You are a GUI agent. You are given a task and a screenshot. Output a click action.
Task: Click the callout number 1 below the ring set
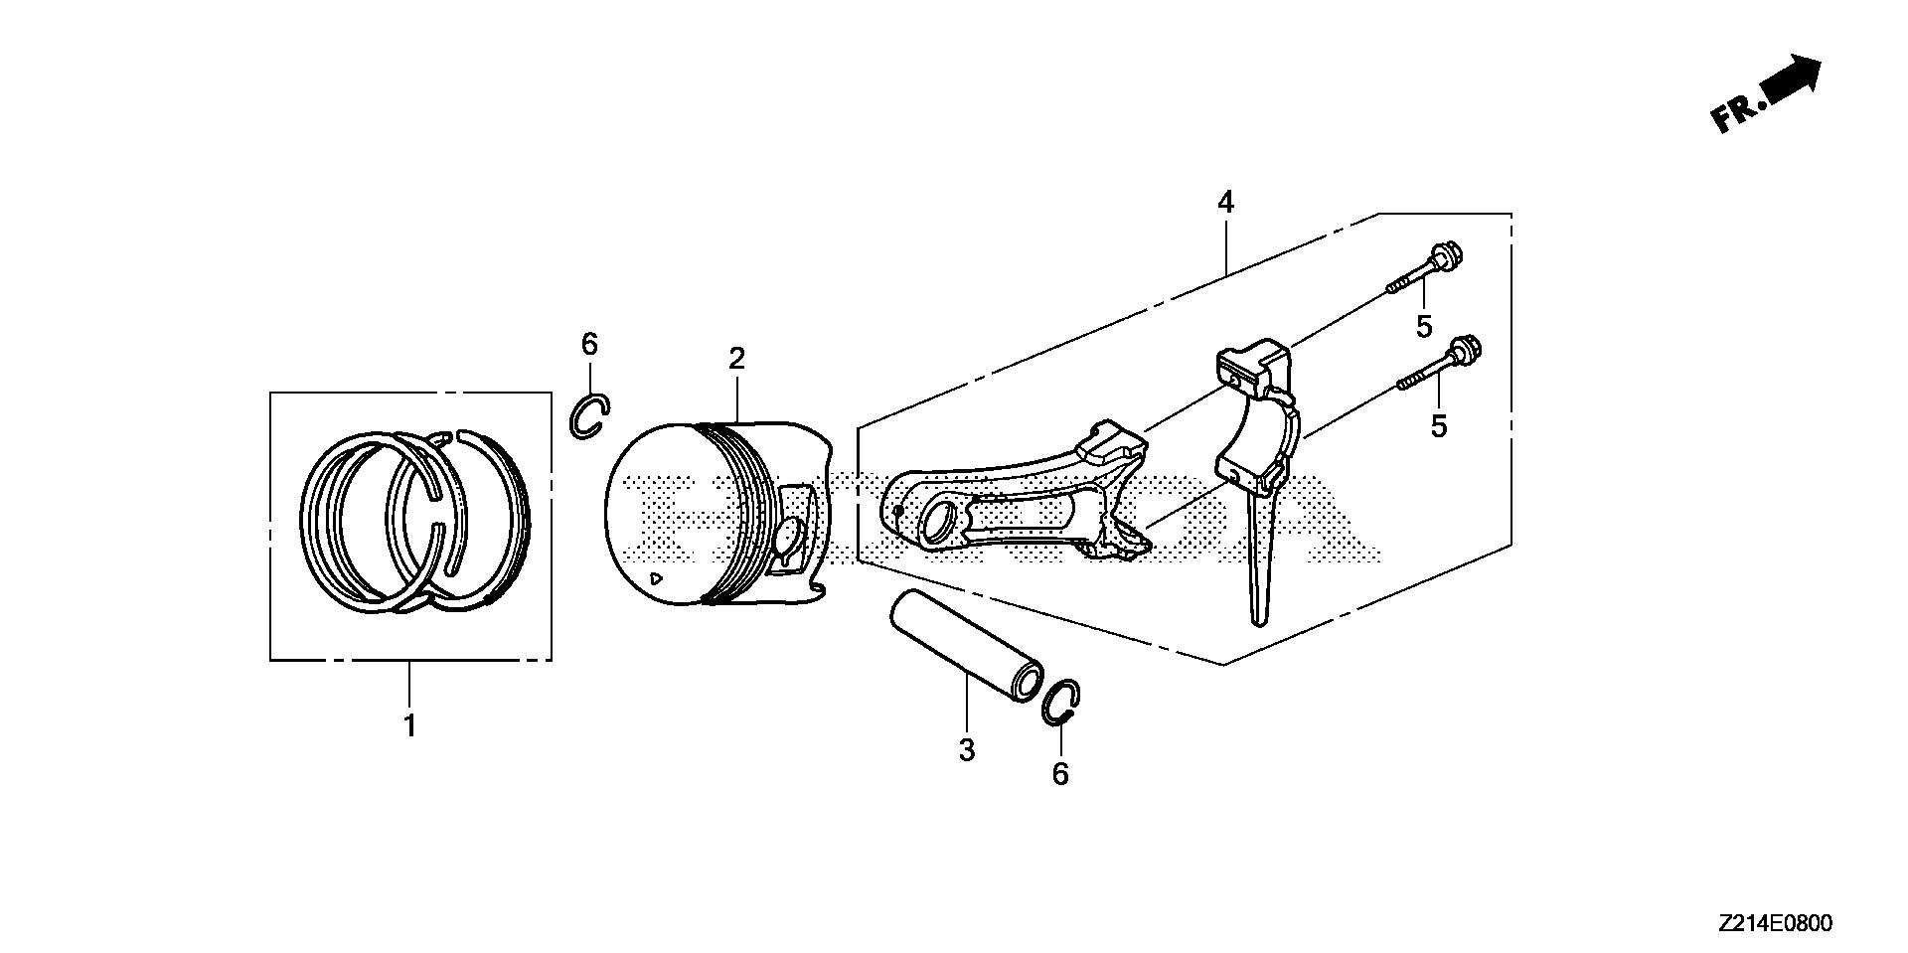pyautogui.click(x=409, y=726)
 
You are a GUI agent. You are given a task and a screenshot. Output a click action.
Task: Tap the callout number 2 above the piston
pyautogui.click(x=736, y=359)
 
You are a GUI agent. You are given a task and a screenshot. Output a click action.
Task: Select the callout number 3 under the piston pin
pyautogui.click(x=967, y=750)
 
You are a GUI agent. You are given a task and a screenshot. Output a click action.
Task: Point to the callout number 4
pyautogui.click(x=1225, y=204)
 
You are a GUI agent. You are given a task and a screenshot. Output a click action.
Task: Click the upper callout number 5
pyautogui.click(x=1424, y=326)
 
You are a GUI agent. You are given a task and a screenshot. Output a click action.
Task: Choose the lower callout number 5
pyautogui.click(x=1438, y=426)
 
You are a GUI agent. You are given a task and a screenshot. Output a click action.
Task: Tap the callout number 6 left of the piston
pyautogui.click(x=589, y=345)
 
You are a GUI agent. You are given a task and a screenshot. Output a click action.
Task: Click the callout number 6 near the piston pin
pyautogui.click(x=1060, y=773)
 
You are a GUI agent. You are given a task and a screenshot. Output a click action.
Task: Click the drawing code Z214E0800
pyautogui.click(x=1773, y=923)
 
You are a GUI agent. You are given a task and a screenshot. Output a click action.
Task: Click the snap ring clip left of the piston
pyautogui.click(x=589, y=415)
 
